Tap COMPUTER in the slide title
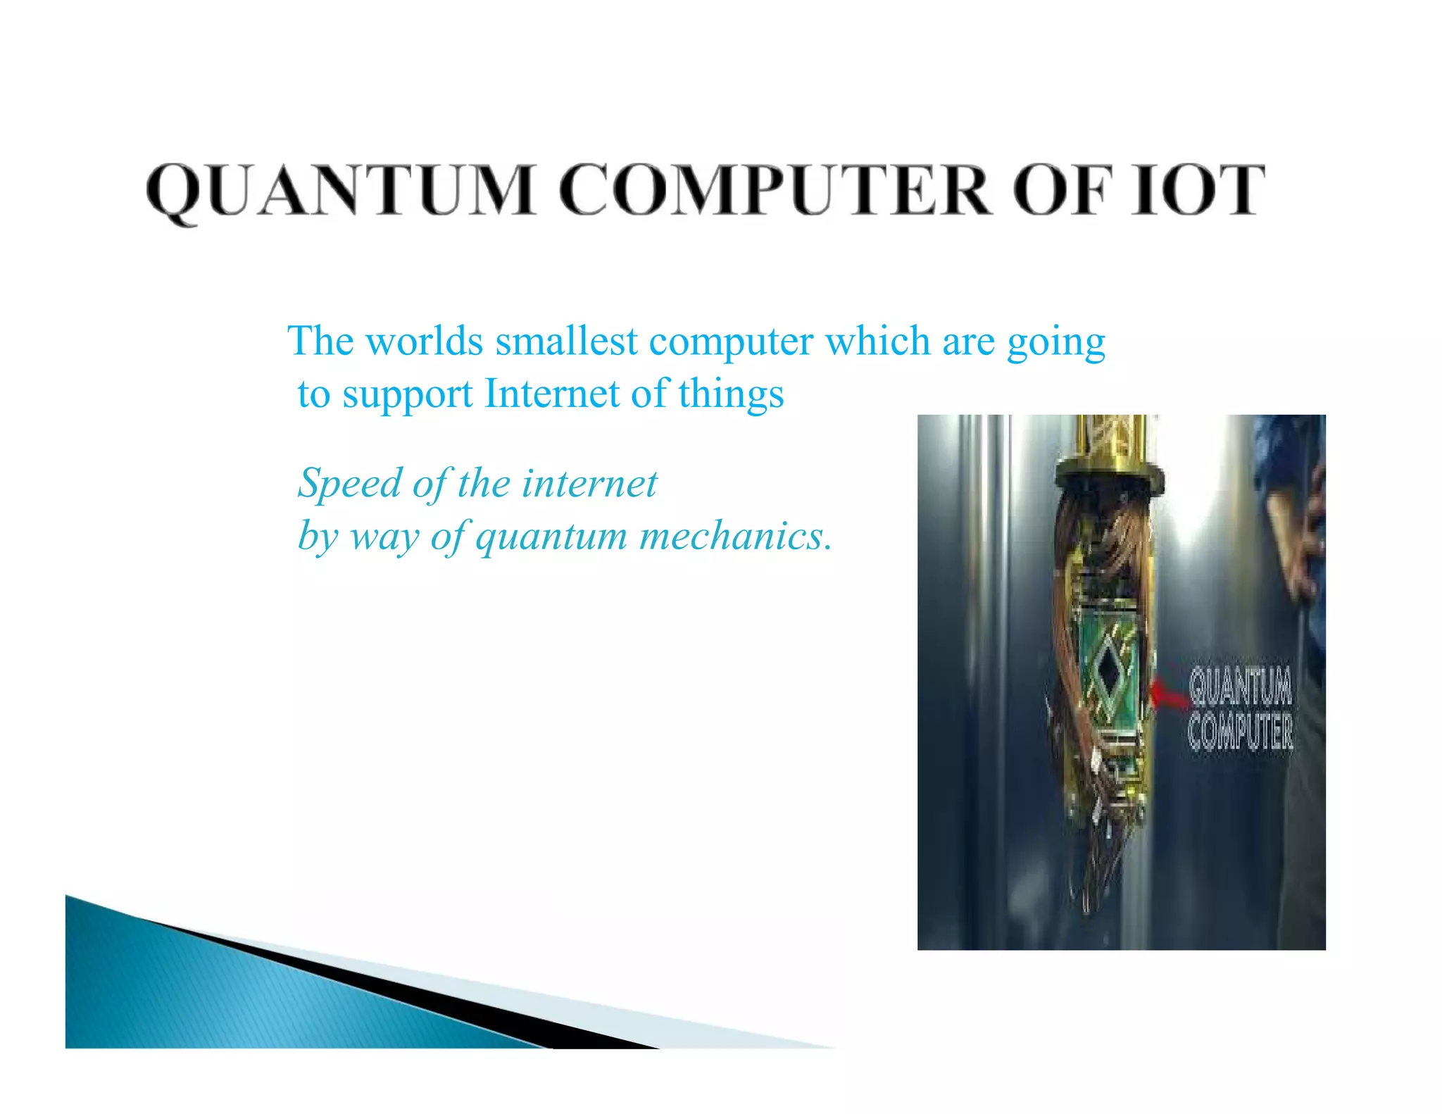tap(775, 190)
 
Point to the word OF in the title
tap(1063, 190)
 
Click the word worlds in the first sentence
tap(424, 342)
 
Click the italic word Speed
tap(349, 485)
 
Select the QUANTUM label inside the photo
tap(1241, 686)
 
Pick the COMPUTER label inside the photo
tap(1241, 732)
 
